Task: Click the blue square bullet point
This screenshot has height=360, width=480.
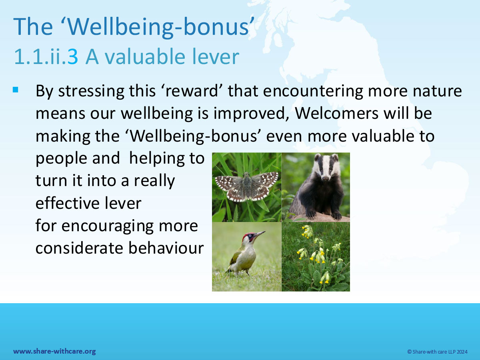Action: (x=15, y=90)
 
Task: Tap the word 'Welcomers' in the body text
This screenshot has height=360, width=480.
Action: (x=336, y=113)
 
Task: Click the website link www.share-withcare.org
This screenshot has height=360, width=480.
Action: (x=54, y=351)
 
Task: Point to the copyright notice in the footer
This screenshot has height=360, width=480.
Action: (x=437, y=352)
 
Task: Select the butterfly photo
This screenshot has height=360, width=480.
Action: (x=247, y=187)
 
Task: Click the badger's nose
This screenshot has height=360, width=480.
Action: (x=325, y=178)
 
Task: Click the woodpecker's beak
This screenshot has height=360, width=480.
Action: (x=260, y=234)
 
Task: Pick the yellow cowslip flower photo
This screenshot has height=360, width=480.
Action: (x=316, y=257)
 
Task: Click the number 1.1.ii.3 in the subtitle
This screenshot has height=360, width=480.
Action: (x=46, y=57)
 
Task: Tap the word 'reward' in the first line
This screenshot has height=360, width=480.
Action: (x=192, y=91)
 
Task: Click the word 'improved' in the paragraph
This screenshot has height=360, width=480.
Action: (x=252, y=114)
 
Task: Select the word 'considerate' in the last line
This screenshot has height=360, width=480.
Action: (x=79, y=248)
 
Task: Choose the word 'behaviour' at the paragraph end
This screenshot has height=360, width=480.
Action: (x=166, y=248)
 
